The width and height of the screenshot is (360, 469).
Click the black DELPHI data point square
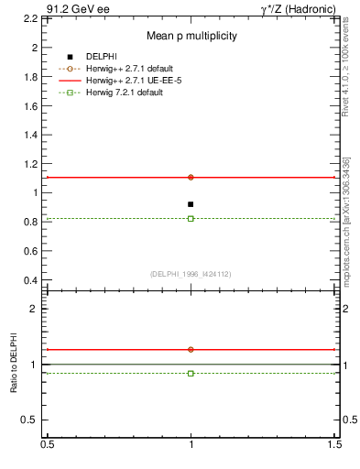[191, 204]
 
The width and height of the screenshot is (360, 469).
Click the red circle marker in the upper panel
[191, 177]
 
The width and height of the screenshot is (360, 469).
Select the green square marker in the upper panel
[191, 218]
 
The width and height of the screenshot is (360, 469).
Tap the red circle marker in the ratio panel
[191, 349]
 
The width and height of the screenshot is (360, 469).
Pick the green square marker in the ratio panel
[191, 373]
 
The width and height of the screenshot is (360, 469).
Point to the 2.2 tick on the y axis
[32, 18]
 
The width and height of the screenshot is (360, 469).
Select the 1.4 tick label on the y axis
[32, 135]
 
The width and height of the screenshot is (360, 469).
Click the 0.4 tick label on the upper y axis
[32, 279]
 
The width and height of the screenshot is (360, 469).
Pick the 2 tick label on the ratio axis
[37, 310]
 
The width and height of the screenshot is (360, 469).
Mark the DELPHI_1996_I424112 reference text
[191, 273]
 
